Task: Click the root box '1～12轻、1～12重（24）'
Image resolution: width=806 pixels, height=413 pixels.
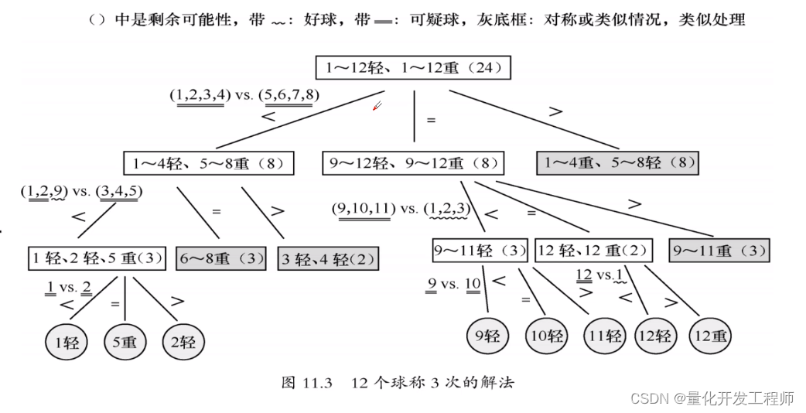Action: click(414, 68)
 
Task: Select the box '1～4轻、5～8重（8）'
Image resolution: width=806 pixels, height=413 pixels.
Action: click(210, 163)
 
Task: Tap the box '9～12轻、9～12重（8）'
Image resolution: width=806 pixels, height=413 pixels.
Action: click(413, 163)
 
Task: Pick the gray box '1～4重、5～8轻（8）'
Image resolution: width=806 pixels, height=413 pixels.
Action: click(617, 163)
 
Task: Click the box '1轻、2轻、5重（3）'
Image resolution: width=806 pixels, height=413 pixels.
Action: click(97, 258)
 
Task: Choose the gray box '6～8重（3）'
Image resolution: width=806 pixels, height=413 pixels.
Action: click(221, 258)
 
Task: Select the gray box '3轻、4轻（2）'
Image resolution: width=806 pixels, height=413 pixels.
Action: click(329, 258)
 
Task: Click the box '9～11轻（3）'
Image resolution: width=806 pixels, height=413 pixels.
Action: click(480, 251)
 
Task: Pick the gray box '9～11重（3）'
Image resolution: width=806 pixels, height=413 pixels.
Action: click(719, 251)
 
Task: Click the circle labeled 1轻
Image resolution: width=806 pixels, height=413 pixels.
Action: click(67, 342)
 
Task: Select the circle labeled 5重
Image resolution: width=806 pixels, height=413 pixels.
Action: click(125, 342)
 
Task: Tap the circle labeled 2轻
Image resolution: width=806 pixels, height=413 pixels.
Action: click(183, 342)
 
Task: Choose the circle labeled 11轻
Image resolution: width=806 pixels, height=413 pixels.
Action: click(604, 336)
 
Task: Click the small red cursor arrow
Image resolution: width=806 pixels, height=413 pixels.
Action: click(377, 106)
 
